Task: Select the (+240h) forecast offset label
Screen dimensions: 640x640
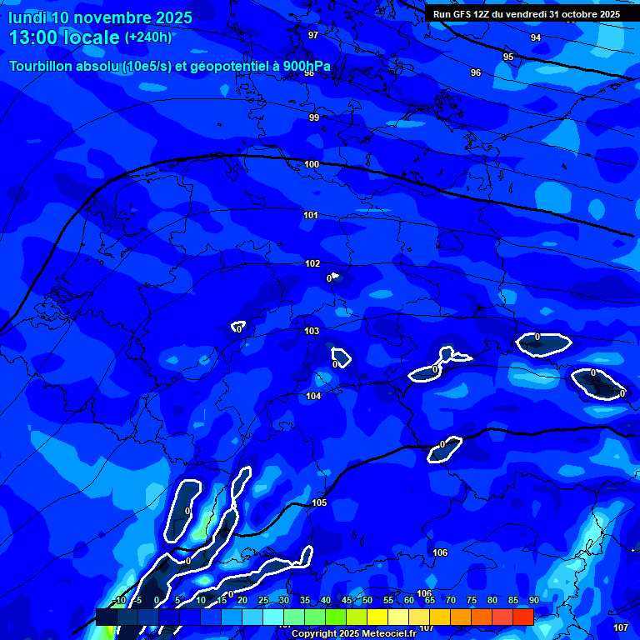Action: coord(148,37)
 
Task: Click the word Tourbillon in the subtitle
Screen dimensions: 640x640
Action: coord(40,67)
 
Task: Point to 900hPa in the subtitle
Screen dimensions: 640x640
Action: coord(306,67)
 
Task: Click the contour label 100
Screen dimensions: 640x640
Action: coord(312,164)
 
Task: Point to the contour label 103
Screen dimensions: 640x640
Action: coord(312,331)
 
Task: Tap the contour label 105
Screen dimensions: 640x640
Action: coord(319,502)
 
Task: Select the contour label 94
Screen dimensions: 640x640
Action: coord(536,37)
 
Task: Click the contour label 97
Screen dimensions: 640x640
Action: coord(313,35)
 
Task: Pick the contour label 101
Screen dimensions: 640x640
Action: coord(311,215)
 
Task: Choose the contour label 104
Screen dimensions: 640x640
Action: coord(313,396)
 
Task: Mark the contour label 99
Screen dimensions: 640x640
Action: coord(314,117)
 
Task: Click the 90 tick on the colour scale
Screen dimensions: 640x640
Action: coord(533,600)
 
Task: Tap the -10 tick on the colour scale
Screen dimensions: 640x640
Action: coord(118,600)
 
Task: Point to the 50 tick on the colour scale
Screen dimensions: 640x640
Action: coord(367,600)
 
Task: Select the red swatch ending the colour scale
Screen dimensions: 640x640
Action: coord(522,617)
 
